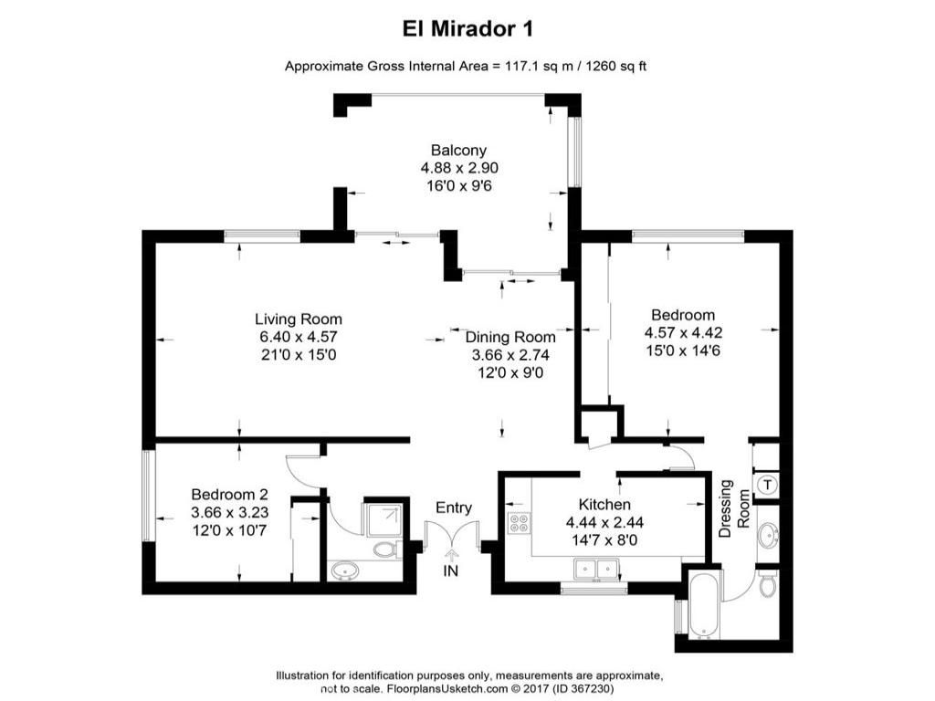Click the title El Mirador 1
[467, 28]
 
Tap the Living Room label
[299, 319]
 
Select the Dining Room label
[510, 338]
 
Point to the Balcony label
[459, 151]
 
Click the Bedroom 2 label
[227, 495]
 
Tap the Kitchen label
[604, 504]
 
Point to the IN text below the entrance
[452, 572]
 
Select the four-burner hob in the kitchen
[519, 523]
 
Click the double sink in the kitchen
[594, 570]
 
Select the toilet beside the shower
[387, 549]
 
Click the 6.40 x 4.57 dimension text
[299, 337]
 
